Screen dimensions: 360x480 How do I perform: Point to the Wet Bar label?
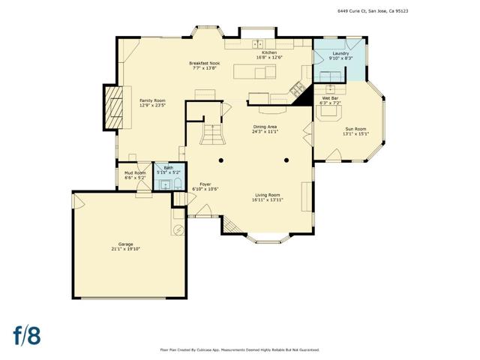point(331,98)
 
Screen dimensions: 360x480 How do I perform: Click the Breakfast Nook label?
point(204,64)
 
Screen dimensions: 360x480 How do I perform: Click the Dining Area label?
point(265,127)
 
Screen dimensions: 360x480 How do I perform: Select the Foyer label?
point(205,184)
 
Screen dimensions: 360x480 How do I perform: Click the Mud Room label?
point(135,173)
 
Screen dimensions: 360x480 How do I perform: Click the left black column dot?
point(221,160)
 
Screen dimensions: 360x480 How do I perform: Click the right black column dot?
point(286,160)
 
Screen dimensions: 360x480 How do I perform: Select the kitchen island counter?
point(255,72)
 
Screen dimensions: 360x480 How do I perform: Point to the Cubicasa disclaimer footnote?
point(239,349)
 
